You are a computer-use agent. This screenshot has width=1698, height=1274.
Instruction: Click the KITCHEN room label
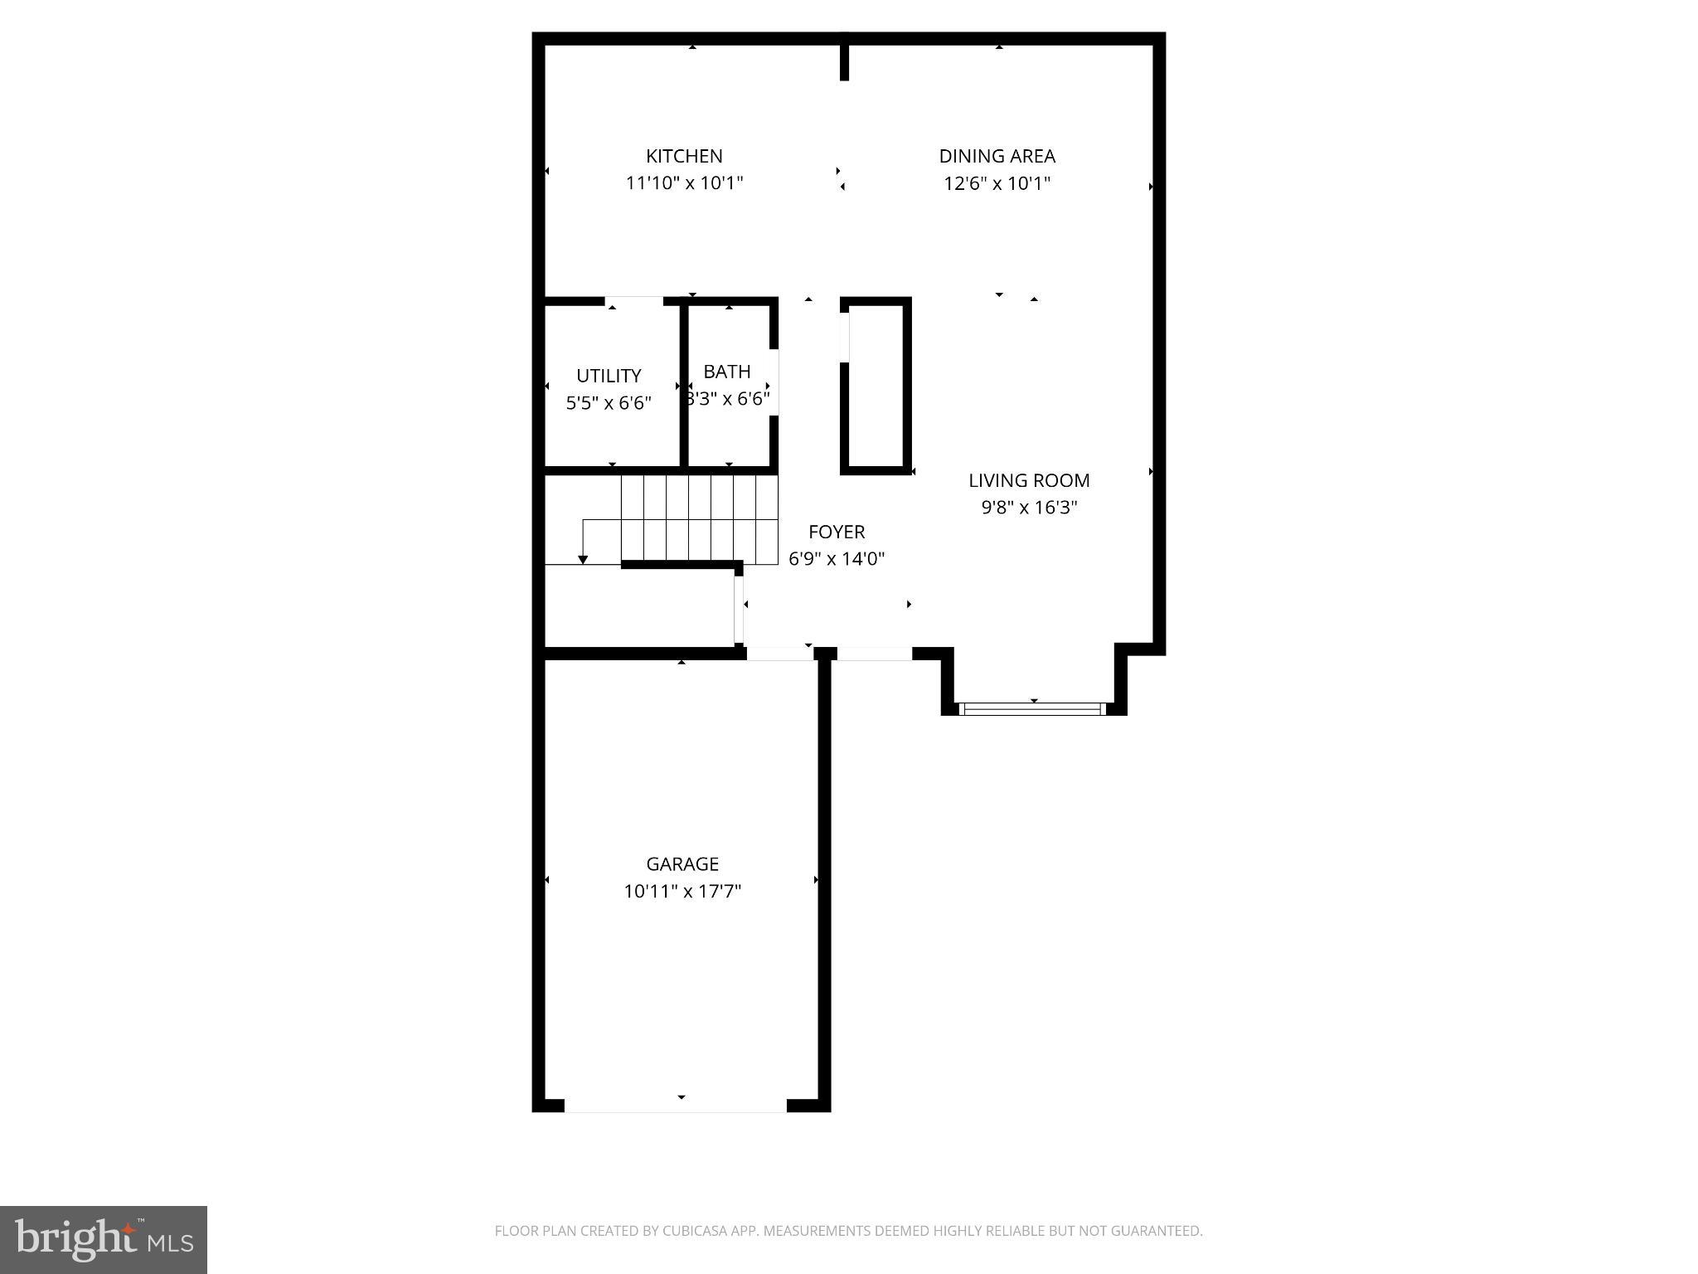[684, 156]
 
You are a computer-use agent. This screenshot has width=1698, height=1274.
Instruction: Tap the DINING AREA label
[997, 156]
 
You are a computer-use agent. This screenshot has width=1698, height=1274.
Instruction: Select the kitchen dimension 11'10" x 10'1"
[684, 183]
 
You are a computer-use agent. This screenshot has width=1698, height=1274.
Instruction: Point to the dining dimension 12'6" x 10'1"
[997, 183]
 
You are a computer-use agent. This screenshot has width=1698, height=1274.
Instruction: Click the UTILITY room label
[609, 376]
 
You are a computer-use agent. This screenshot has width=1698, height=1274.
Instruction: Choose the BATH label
[727, 372]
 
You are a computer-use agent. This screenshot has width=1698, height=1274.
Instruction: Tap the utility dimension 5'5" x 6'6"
[609, 403]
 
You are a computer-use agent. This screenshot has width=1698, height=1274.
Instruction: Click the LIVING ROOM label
[1029, 480]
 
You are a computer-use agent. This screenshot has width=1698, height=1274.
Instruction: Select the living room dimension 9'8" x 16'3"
[1029, 508]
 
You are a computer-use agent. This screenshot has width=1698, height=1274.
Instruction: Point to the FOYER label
[837, 532]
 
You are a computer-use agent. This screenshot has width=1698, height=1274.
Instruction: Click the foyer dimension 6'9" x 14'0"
[837, 559]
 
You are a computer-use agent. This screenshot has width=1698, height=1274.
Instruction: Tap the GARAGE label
[682, 864]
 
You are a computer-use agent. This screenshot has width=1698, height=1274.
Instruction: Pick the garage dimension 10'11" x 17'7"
[682, 892]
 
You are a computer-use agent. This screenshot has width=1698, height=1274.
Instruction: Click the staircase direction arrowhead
[583, 560]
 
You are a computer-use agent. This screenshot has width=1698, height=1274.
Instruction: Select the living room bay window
[1033, 709]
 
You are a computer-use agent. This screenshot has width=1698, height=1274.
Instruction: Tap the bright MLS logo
[104, 1240]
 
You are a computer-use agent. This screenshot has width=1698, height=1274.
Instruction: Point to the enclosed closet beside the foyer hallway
[876, 386]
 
